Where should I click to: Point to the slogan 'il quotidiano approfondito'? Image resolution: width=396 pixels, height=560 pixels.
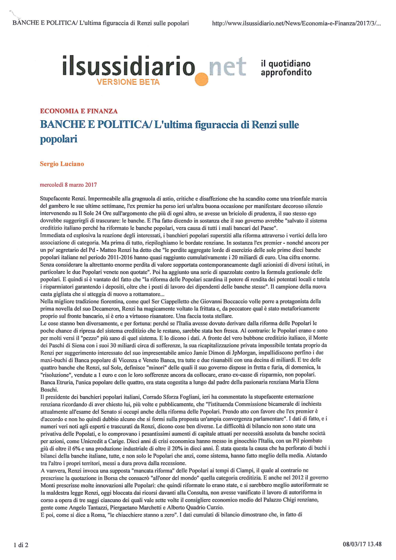pyautogui.click(x=286, y=68)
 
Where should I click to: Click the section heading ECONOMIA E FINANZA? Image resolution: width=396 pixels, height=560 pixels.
pyautogui.click(x=79, y=111)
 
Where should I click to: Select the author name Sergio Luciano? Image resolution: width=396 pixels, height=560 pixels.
pyautogui.click(x=61, y=164)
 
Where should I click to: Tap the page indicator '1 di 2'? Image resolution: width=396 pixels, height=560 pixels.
pyautogui.click(x=21, y=544)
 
